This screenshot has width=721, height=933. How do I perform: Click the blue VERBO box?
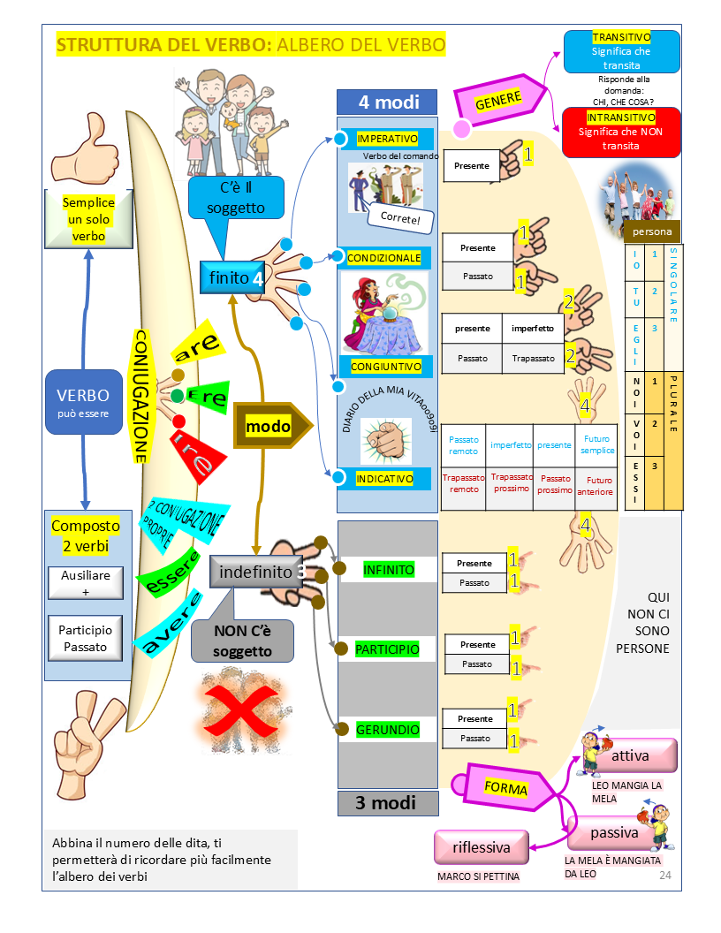83,401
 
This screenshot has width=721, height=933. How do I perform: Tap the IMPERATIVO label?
387,139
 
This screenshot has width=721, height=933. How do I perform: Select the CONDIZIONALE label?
383,257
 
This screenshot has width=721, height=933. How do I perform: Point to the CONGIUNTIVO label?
386,366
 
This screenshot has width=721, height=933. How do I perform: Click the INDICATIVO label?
384,478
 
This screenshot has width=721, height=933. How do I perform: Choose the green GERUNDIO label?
387,731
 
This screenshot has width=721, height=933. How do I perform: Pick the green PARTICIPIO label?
387,649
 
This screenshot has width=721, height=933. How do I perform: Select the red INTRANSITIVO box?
620,132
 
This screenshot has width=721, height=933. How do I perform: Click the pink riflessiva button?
482,847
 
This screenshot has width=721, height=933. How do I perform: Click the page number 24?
665,875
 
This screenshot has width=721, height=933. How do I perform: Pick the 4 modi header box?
387,102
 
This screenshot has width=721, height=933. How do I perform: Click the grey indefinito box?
256,573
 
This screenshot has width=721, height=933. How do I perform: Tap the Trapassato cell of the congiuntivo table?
533,359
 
